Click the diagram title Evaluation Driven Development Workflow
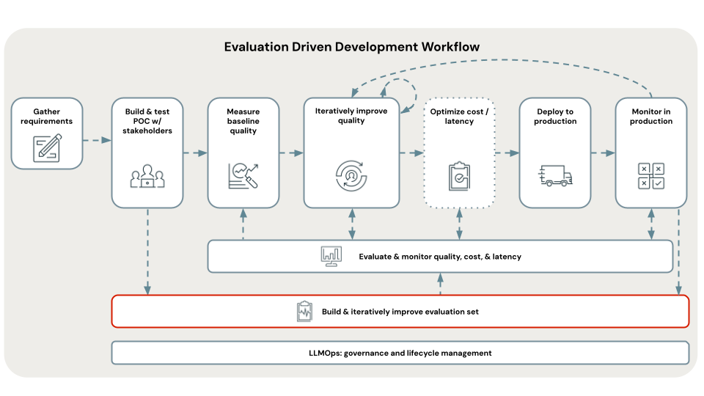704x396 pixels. point(352,47)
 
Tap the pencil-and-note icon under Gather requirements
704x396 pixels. point(46,147)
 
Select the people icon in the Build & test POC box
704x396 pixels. point(147,176)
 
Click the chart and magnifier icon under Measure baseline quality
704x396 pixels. point(243,174)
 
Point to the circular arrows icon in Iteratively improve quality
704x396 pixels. point(351,174)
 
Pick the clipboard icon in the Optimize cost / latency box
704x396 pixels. point(459,176)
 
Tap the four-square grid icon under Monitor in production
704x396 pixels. point(650,176)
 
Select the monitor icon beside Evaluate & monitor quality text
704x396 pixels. point(331,257)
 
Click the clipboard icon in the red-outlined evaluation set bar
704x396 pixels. point(304,312)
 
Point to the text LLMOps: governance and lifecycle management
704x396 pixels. point(400,353)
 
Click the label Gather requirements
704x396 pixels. point(46,117)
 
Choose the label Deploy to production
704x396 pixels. point(555,117)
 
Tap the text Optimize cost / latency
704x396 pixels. point(459,116)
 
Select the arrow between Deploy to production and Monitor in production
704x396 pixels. point(603,153)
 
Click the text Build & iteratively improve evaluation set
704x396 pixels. point(400,312)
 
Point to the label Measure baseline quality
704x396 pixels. point(243,121)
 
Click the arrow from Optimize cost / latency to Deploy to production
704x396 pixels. point(507,153)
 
